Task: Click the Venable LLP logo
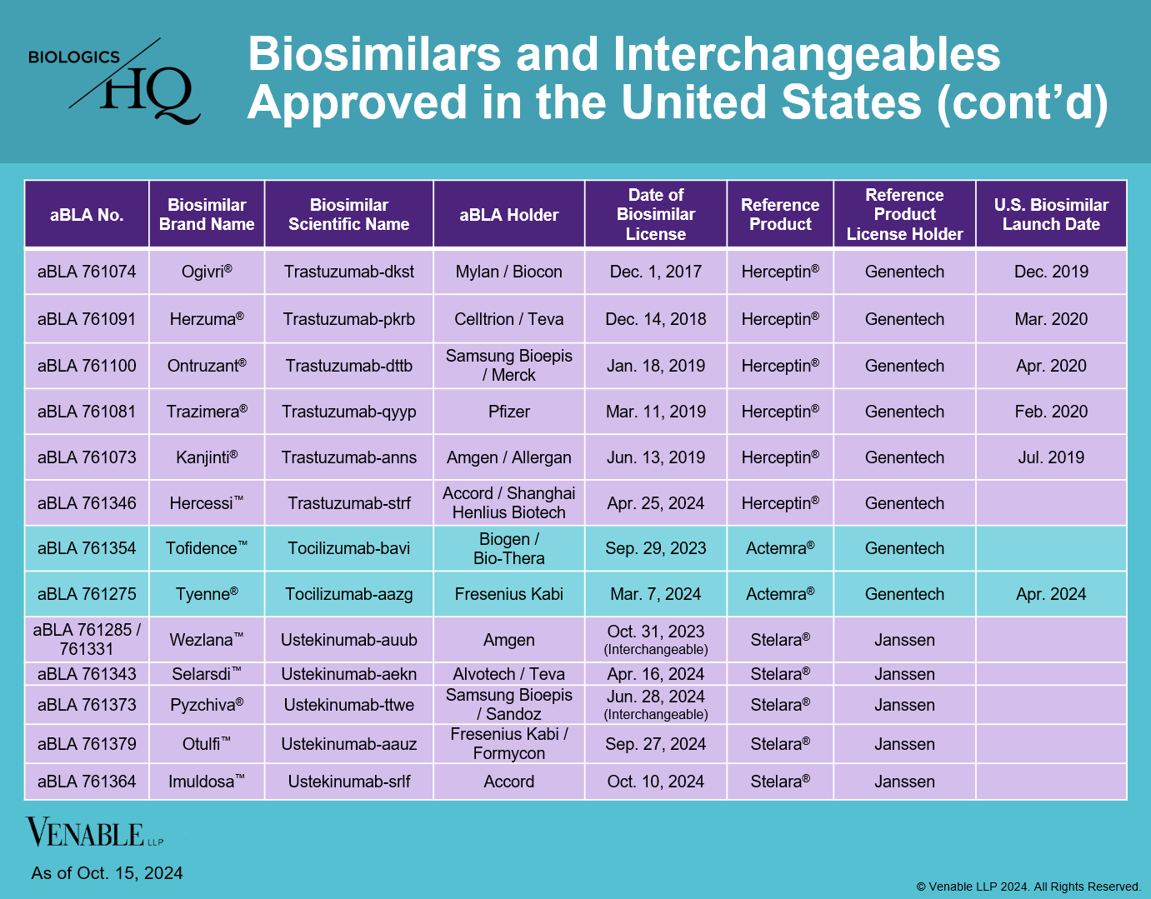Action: click(93, 833)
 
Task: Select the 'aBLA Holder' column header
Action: click(508, 215)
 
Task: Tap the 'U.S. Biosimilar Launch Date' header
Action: click(1050, 215)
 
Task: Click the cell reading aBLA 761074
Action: click(87, 272)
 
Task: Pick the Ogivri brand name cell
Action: click(206, 272)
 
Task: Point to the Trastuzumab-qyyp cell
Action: click(348, 412)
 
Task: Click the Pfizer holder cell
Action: click(508, 412)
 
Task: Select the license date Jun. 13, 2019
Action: click(655, 457)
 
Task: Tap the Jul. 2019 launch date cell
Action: click(1050, 457)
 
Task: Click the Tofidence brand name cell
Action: click(206, 548)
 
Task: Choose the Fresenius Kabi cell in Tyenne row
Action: click(508, 594)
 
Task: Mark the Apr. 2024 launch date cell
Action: click(1050, 594)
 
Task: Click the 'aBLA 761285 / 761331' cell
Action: click(87, 639)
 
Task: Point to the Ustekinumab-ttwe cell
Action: click(348, 705)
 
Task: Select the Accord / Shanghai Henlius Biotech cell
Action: click(508, 503)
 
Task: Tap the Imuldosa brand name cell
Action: click(206, 782)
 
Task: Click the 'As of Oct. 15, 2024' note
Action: click(107, 873)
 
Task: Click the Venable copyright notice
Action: click(1028, 887)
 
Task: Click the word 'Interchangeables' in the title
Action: click(806, 55)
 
